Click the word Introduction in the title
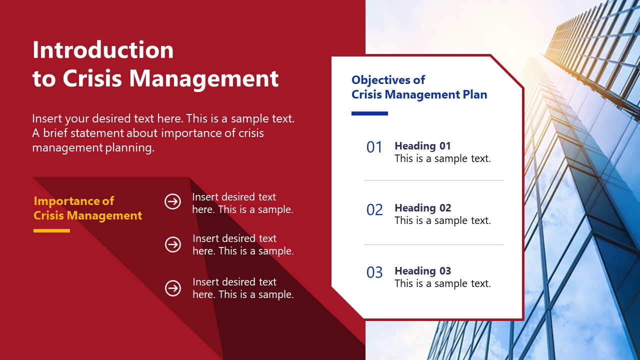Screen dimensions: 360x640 pos(103,50)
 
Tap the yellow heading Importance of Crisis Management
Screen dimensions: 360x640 pos(87,208)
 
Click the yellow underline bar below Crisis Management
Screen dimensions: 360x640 pos(51,230)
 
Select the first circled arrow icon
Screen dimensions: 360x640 pos(173,201)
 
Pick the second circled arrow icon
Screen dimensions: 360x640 pos(173,244)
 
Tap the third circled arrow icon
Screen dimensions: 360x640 pos(173,288)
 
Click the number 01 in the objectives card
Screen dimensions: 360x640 pos(374,147)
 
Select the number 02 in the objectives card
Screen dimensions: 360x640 pos(374,210)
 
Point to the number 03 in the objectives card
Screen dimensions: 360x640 pos(374,272)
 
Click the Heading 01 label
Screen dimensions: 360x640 pos(422,146)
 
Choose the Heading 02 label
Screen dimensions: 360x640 pos(422,208)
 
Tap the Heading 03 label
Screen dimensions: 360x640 pos(422,271)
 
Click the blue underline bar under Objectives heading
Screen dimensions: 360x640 pos(369,113)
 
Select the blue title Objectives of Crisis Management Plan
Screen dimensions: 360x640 pos(419,87)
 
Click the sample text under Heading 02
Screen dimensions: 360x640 pos(442,220)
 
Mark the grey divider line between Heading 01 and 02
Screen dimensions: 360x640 pos(433,180)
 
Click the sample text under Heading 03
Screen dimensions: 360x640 pos(442,283)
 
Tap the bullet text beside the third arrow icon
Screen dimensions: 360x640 pos(243,288)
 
